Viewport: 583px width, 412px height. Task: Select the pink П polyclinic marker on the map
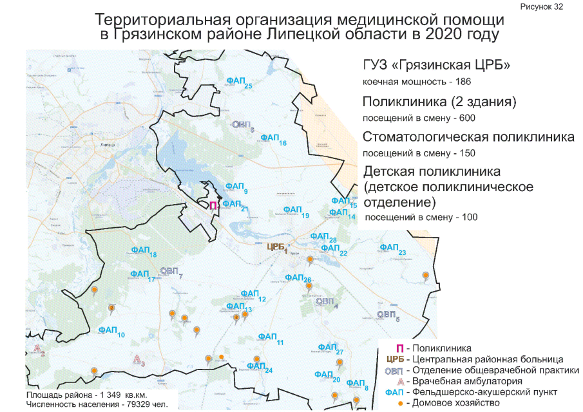tap(213, 205)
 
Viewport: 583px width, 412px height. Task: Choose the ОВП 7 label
tap(171, 271)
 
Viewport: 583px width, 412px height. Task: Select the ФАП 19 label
tap(295, 211)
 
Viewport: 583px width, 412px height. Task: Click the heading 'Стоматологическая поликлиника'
tap(468, 137)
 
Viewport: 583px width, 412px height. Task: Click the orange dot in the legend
tap(400, 403)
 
